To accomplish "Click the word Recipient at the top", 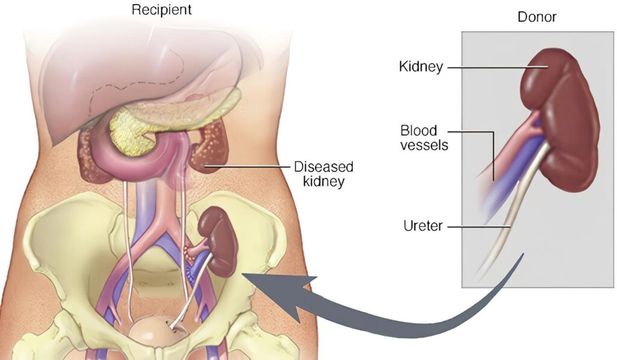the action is pyautogui.click(x=161, y=10).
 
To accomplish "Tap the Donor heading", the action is pyautogui.click(x=537, y=17).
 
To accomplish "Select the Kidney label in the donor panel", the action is pyautogui.click(x=421, y=66).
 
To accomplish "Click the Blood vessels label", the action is pyautogui.click(x=424, y=138).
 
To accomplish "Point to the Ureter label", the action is pyautogui.click(x=423, y=226).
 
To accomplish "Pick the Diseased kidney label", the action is pyautogui.click(x=324, y=174).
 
